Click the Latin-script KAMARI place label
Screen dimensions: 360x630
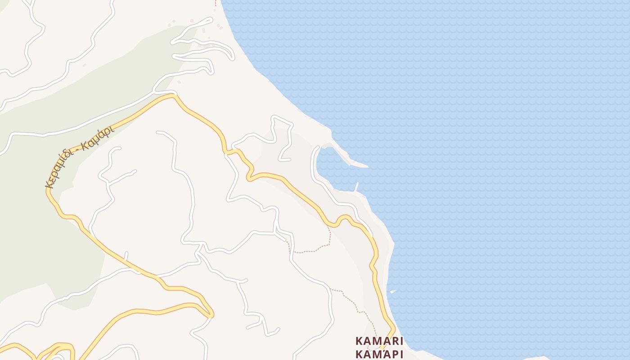tap(379, 340)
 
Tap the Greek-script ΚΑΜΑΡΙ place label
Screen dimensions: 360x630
tap(379, 354)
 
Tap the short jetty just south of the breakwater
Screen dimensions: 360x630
tap(357, 187)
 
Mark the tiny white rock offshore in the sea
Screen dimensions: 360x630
tap(393, 292)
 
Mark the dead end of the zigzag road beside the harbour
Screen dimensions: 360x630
tap(280, 159)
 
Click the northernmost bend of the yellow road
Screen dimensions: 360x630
tap(171, 95)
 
